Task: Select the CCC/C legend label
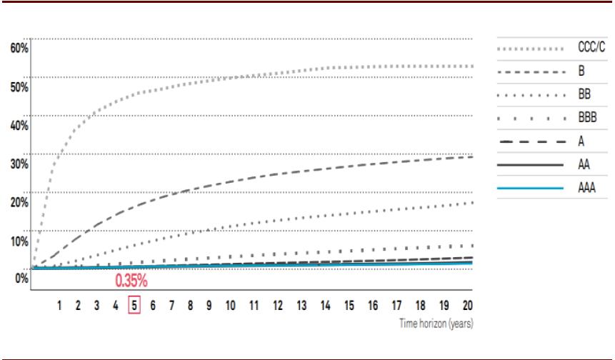pos(591,49)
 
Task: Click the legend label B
pos(581,72)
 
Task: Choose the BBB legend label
pos(587,118)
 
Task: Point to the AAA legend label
pos(587,189)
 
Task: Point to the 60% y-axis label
pos(19,48)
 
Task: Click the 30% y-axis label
pos(19,164)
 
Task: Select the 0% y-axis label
pos(21,278)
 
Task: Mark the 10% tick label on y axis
pos(19,241)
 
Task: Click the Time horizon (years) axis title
pos(436,324)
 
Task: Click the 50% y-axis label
pos(19,86)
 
